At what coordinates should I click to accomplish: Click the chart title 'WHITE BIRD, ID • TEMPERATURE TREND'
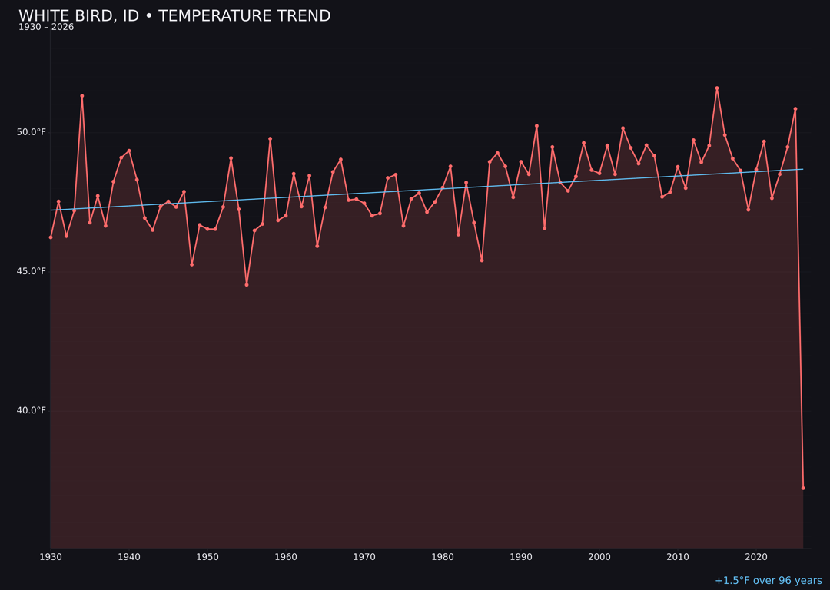174,16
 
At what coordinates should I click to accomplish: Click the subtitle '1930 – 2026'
46,28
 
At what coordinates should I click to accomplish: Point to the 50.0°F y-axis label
32,132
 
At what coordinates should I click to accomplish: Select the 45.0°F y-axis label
32,271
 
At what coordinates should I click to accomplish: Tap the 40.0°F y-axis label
32,410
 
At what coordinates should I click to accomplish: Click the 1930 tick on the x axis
51,557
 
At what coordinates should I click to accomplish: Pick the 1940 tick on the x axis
129,557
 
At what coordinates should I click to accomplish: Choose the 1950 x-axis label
207,557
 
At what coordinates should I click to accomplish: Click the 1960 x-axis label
286,557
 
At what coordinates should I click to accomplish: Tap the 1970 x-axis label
364,557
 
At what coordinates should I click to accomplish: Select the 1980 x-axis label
443,557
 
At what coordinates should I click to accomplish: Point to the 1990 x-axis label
521,557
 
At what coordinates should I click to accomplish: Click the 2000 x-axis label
599,557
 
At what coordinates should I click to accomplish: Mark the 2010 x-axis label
678,557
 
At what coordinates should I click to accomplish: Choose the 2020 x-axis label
756,557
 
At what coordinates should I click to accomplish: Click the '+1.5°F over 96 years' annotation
768,581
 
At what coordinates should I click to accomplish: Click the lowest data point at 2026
803,488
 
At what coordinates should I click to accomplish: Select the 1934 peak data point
82,96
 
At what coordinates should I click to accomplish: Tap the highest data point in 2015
717,88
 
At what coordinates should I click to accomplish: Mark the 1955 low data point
247,285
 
